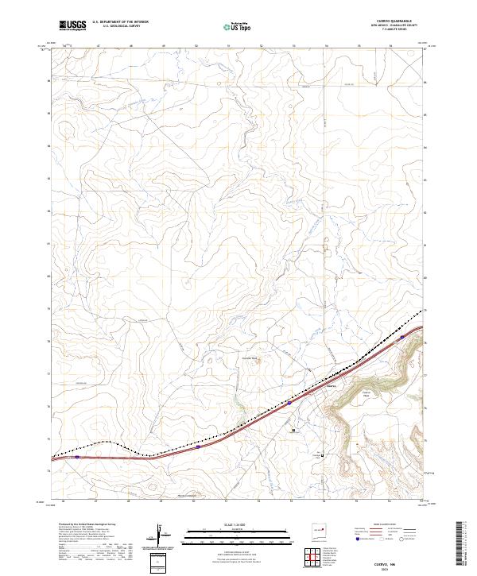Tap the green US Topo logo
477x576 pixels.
click(x=238, y=27)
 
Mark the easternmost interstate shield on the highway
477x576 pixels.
click(x=403, y=337)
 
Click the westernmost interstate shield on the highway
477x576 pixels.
click(x=77, y=457)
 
